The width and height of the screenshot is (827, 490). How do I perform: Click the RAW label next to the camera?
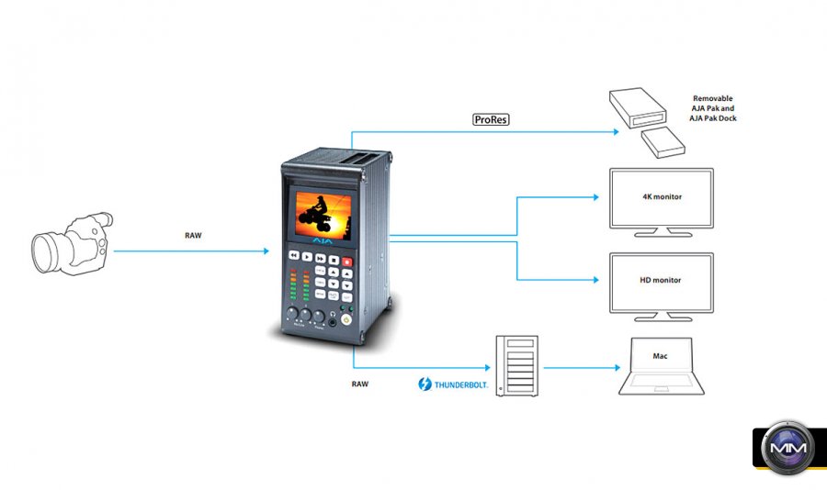193,235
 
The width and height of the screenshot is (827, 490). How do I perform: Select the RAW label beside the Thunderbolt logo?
360,383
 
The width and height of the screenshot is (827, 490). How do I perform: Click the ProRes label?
491,119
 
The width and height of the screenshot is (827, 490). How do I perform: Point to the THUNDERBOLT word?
457,384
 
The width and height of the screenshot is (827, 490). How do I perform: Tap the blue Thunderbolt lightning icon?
425,384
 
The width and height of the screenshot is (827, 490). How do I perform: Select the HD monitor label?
662,281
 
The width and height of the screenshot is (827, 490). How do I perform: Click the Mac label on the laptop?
660,355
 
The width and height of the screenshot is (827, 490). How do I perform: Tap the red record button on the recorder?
347,263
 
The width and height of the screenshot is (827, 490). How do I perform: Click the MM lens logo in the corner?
787,450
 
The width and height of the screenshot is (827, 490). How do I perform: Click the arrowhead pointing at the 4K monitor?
605,197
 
